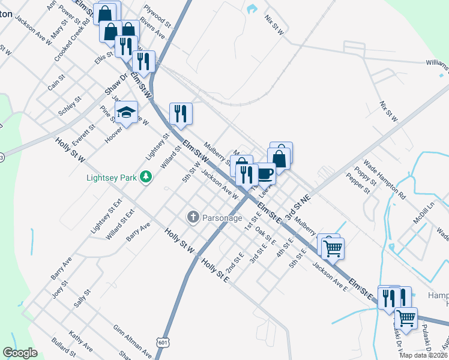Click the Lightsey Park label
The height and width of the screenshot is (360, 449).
tap(112, 178)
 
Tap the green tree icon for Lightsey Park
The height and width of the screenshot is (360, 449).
tap(145, 177)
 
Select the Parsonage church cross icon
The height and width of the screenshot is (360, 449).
tap(193, 217)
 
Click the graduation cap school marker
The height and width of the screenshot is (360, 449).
tap(127, 112)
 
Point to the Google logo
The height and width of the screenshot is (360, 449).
tap(20, 353)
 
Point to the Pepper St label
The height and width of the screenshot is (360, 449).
tap(358, 183)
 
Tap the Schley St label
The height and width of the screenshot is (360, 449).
tap(69, 106)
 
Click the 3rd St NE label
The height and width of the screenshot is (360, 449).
tap(298, 207)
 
